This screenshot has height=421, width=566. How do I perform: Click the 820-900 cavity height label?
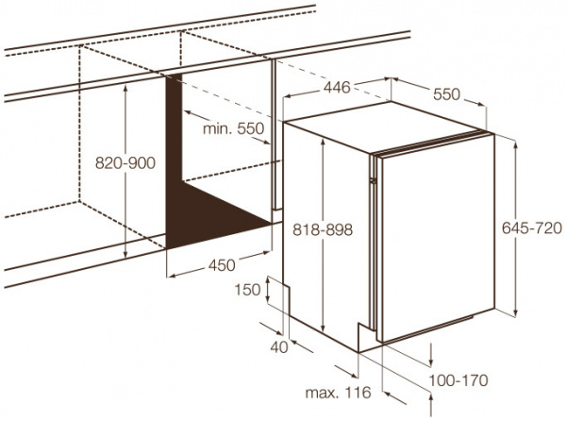(125, 163)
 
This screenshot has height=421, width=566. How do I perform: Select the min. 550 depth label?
(234, 128)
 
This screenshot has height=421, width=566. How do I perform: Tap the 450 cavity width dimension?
(222, 265)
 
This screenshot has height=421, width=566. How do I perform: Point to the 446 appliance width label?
(337, 88)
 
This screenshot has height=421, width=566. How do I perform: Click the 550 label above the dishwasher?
(446, 94)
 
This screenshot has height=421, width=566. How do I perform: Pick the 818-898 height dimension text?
(323, 229)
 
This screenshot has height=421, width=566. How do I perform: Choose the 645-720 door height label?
(532, 227)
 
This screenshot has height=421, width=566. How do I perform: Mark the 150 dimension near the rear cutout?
(247, 290)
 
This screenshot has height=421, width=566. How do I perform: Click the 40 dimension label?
(279, 347)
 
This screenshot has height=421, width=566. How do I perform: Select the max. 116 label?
(339, 392)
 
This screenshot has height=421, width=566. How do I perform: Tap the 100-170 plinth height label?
(458, 379)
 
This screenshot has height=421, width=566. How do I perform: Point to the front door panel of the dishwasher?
(435, 238)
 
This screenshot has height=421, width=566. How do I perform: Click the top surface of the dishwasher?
(385, 126)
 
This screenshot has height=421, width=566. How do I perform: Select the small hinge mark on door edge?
(373, 179)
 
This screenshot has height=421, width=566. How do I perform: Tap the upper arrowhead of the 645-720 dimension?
(515, 143)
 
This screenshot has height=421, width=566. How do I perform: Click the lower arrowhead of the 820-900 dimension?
(125, 254)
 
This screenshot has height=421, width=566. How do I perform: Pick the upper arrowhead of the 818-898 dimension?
(323, 142)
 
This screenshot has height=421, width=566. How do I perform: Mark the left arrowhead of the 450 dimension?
(172, 277)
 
